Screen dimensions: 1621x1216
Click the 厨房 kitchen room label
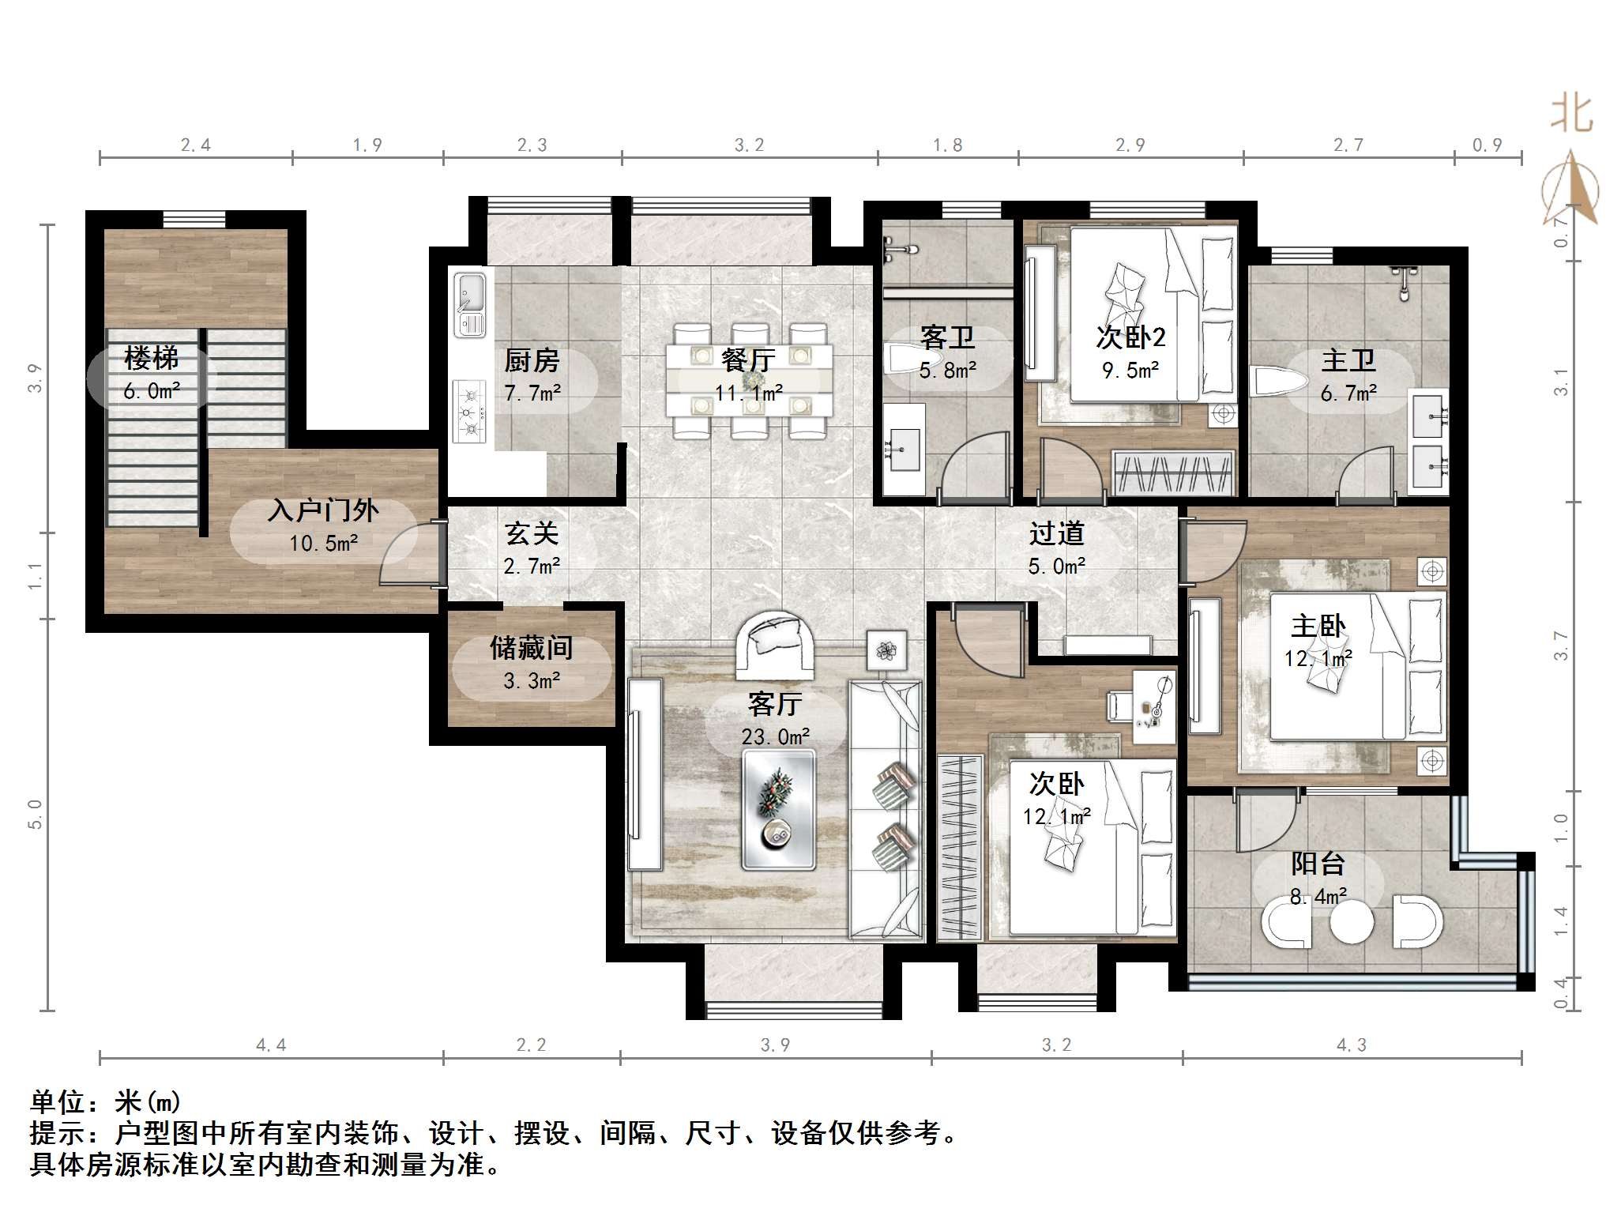532,361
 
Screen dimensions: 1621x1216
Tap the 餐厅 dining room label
748,360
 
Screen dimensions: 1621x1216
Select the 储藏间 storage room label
531,648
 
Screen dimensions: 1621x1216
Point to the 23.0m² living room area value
776,736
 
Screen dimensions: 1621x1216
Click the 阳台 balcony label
1318,864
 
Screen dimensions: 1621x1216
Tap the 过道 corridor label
1056,533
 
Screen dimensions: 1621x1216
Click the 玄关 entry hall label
532,533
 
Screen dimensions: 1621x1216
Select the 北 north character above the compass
1571,113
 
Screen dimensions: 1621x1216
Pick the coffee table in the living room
778,810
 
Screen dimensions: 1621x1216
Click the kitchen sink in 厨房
470,304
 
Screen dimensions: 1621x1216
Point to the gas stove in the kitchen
469,411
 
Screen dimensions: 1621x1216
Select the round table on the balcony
1352,922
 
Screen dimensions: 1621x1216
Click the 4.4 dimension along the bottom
271,1045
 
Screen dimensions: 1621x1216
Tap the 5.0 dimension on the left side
35,814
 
